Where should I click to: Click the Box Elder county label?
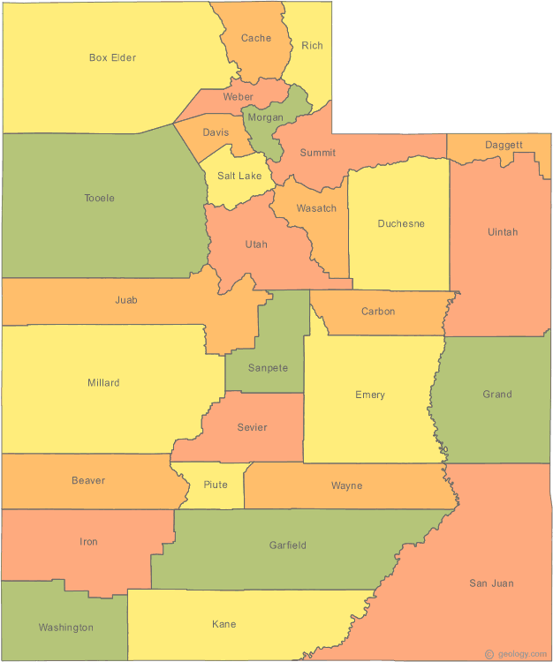112,58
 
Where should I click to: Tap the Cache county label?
256,38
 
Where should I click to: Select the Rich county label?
312,46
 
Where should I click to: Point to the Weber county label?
238,97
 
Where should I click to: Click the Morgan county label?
265,117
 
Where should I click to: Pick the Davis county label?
216,132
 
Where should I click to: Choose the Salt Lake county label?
239,177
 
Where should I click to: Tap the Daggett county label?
504,145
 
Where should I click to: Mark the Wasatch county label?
316,208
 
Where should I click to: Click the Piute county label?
216,485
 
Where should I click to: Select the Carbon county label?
378,312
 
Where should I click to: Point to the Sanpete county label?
268,368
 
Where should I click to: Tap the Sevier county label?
252,428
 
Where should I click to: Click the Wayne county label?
346,485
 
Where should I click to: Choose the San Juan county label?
491,583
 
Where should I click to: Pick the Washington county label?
65,628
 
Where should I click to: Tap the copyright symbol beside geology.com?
489,654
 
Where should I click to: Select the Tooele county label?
99,198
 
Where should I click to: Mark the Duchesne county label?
401,224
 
